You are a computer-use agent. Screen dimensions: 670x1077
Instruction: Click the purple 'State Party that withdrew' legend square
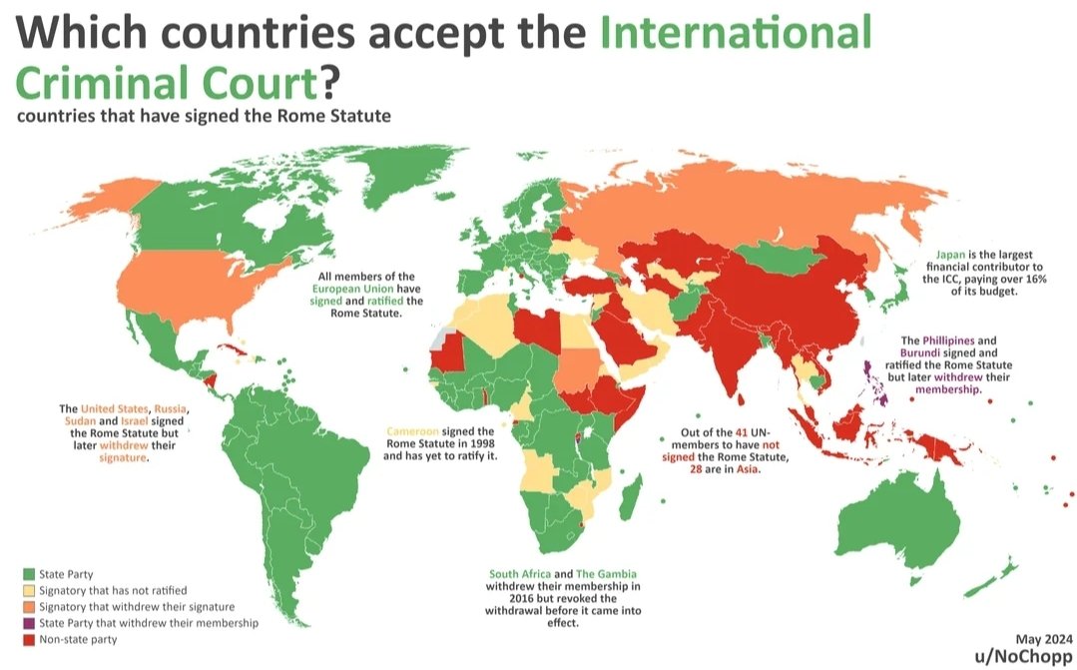tap(28, 622)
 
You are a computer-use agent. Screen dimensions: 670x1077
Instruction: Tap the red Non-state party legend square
tap(28, 639)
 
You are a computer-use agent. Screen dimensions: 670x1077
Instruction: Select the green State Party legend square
tap(28, 574)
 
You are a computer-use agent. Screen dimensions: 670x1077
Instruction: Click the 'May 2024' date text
tap(1042, 639)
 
